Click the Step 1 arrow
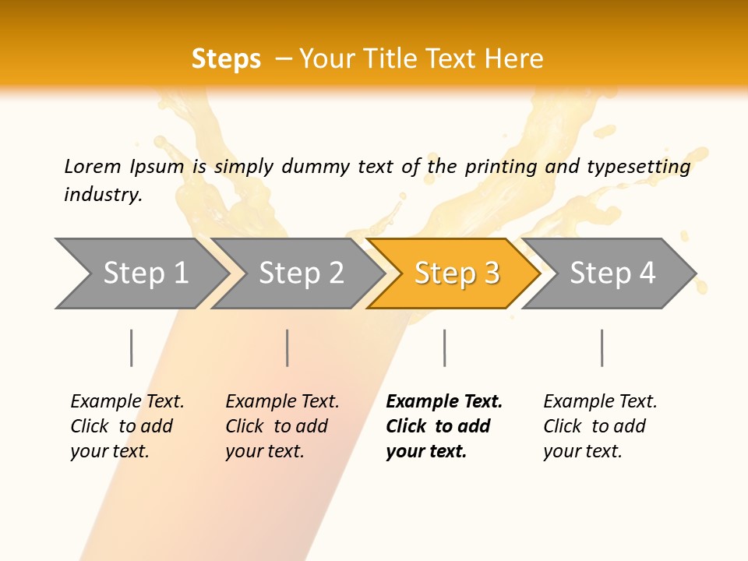point(144,273)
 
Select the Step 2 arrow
point(300,273)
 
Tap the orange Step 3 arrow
point(456,273)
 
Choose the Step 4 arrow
point(612,273)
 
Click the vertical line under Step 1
point(131,348)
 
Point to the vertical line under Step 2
point(288,348)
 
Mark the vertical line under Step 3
point(444,348)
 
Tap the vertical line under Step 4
point(602,348)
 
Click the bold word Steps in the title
point(226,59)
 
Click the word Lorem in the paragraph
point(93,166)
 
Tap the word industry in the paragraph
point(103,195)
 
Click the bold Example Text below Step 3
point(444,401)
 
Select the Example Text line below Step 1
point(127,401)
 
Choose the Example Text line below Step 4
point(600,401)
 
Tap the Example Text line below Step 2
point(282,401)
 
